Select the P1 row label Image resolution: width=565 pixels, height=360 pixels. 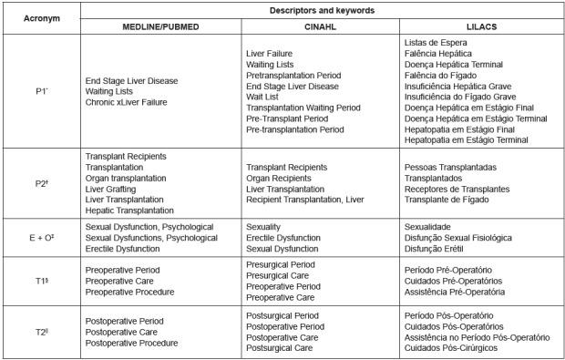pyautogui.click(x=41, y=92)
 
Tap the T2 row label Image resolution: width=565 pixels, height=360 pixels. pyautogui.click(x=41, y=332)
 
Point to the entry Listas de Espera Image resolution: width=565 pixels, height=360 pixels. pyautogui.click(x=436, y=43)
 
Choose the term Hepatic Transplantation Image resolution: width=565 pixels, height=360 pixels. pyautogui.click(x=133, y=211)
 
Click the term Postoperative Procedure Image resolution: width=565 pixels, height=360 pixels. pyautogui.click(x=137, y=343)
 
